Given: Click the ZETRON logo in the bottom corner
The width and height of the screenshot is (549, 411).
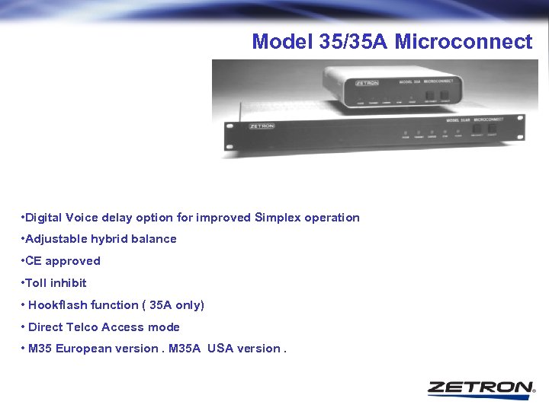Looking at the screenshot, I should (480, 387).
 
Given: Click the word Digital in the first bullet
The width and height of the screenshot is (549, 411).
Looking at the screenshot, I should (45, 218).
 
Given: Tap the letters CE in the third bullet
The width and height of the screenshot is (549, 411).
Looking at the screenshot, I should (34, 261).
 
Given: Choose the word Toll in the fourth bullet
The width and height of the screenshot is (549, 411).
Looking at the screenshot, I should (36, 283).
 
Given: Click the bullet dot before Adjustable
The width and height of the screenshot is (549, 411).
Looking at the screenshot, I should (23, 239).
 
